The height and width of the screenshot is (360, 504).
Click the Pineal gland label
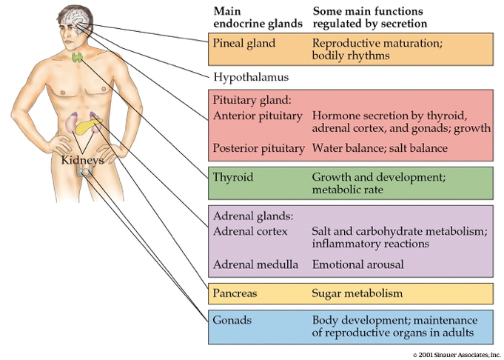coord(243,44)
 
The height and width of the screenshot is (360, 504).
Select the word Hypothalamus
coord(250,76)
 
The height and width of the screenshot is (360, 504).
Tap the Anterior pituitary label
coord(257,116)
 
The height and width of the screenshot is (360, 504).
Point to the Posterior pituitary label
coord(258,148)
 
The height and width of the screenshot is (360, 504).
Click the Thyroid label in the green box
coord(232,178)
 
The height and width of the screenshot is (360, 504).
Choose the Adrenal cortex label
coord(250,231)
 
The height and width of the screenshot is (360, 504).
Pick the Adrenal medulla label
coord(255,264)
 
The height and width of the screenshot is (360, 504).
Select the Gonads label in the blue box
coord(232,320)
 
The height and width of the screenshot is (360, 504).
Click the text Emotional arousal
coord(358,264)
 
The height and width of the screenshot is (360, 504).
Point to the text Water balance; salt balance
coord(380,148)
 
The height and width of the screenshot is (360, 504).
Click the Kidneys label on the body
coord(82,159)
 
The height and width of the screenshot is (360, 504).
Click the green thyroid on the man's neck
coord(77,57)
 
